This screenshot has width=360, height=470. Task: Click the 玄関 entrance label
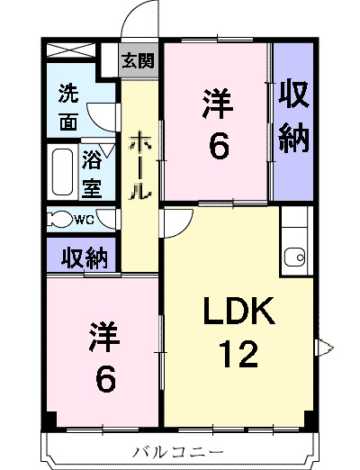(139, 61)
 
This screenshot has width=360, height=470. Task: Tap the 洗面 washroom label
(68, 107)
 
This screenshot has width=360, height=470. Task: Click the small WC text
(85, 219)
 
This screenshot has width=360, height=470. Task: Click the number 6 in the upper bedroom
(218, 147)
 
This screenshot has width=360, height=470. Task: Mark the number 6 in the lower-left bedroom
(104, 379)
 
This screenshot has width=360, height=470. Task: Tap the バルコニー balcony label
(177, 449)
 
